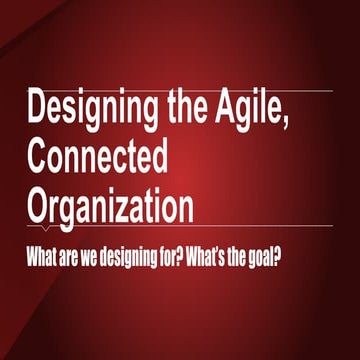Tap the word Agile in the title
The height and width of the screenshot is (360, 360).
[257, 110]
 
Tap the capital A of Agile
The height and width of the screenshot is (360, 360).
[228, 108]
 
